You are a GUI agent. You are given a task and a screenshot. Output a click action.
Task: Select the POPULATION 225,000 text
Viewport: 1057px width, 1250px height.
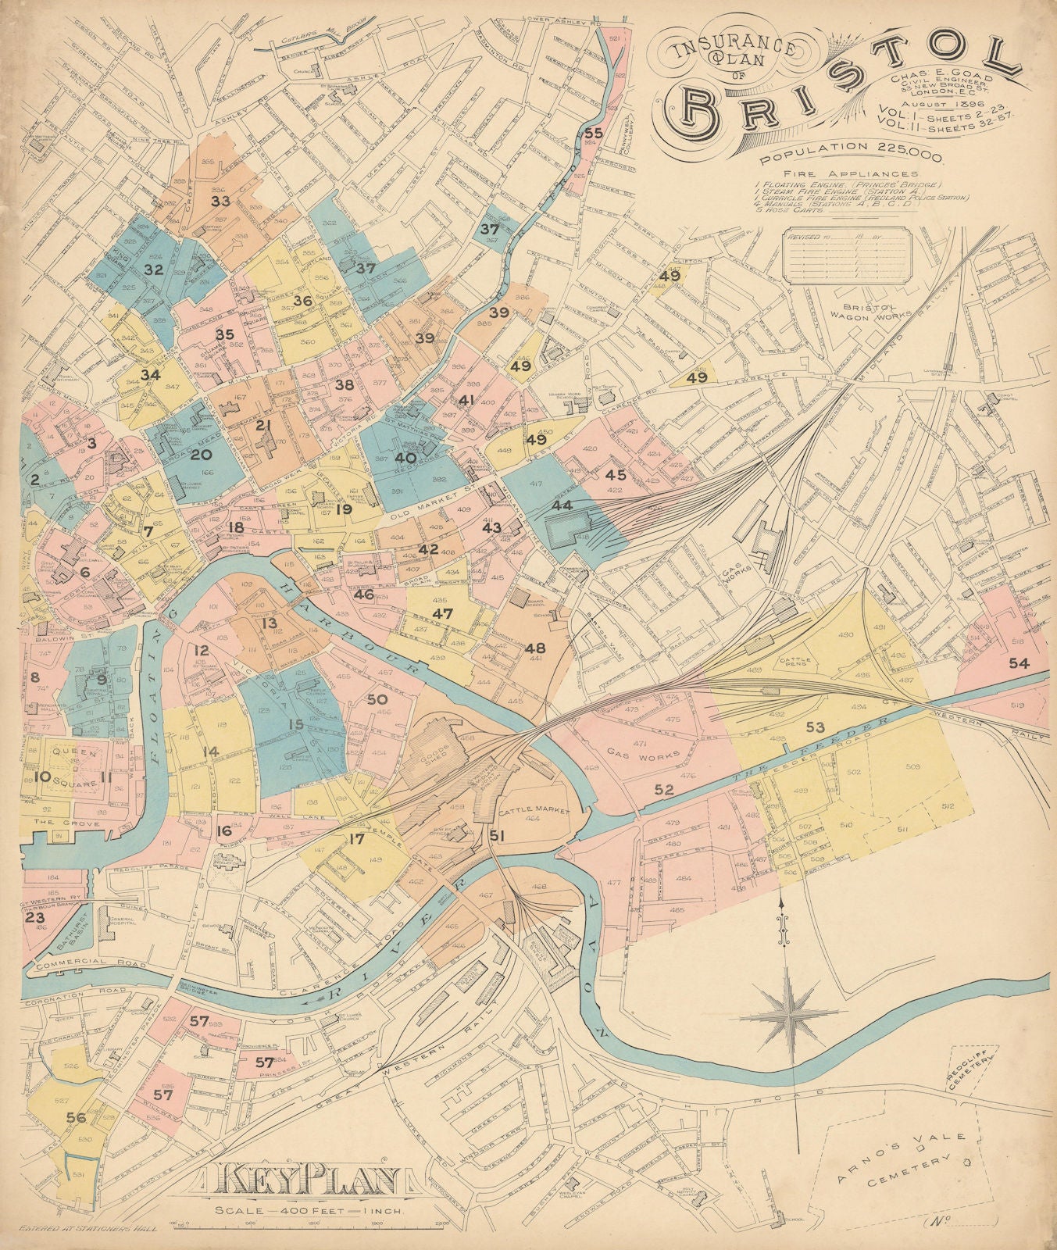[x=851, y=147]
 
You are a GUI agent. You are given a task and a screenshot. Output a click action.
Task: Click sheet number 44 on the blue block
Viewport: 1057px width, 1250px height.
[x=561, y=505]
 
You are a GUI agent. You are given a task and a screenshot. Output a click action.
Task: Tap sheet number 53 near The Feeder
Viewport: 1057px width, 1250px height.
[x=815, y=727]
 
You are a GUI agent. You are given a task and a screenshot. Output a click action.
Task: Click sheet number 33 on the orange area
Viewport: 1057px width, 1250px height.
[x=220, y=201]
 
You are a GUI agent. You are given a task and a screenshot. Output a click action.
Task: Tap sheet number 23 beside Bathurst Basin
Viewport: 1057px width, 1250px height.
[x=34, y=917]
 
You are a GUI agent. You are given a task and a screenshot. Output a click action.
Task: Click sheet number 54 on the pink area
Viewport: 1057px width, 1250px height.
[x=1018, y=663]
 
